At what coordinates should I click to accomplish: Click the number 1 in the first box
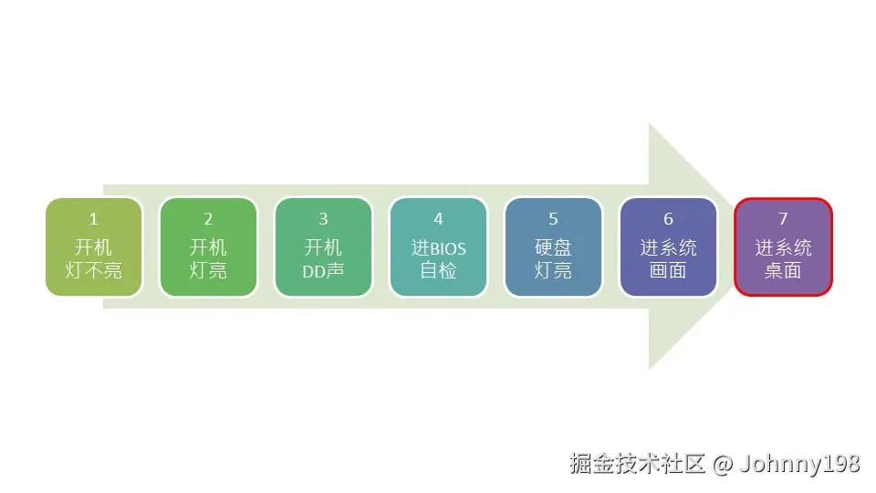click(x=93, y=219)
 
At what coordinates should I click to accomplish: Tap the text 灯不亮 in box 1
click(x=93, y=271)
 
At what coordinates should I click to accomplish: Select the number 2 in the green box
click(x=208, y=219)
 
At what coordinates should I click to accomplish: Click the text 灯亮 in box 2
click(x=208, y=271)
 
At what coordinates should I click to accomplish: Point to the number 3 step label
click(x=323, y=219)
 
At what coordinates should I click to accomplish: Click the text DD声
click(x=323, y=271)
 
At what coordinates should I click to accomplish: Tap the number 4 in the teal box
click(x=438, y=219)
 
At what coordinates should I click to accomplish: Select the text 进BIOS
click(x=438, y=247)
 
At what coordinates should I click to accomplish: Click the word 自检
click(x=438, y=271)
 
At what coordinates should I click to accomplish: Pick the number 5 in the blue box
click(x=553, y=219)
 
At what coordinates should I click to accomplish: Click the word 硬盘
click(x=553, y=247)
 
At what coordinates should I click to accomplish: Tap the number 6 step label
click(x=668, y=219)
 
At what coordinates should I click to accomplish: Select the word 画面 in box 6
click(x=668, y=271)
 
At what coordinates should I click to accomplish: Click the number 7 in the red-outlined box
click(x=783, y=219)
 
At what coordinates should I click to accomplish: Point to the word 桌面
click(x=783, y=271)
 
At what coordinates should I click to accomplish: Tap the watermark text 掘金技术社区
click(x=637, y=464)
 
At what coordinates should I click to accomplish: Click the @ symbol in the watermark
click(x=723, y=464)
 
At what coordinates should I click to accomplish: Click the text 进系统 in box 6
click(x=668, y=247)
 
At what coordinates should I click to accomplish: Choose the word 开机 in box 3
click(x=323, y=247)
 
